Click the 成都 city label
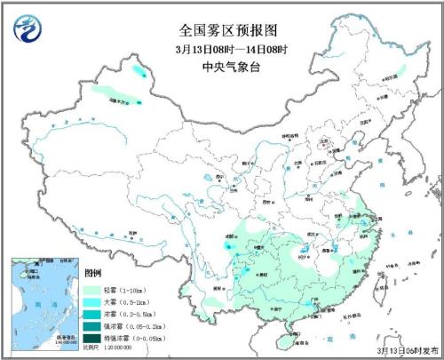click(234, 228)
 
